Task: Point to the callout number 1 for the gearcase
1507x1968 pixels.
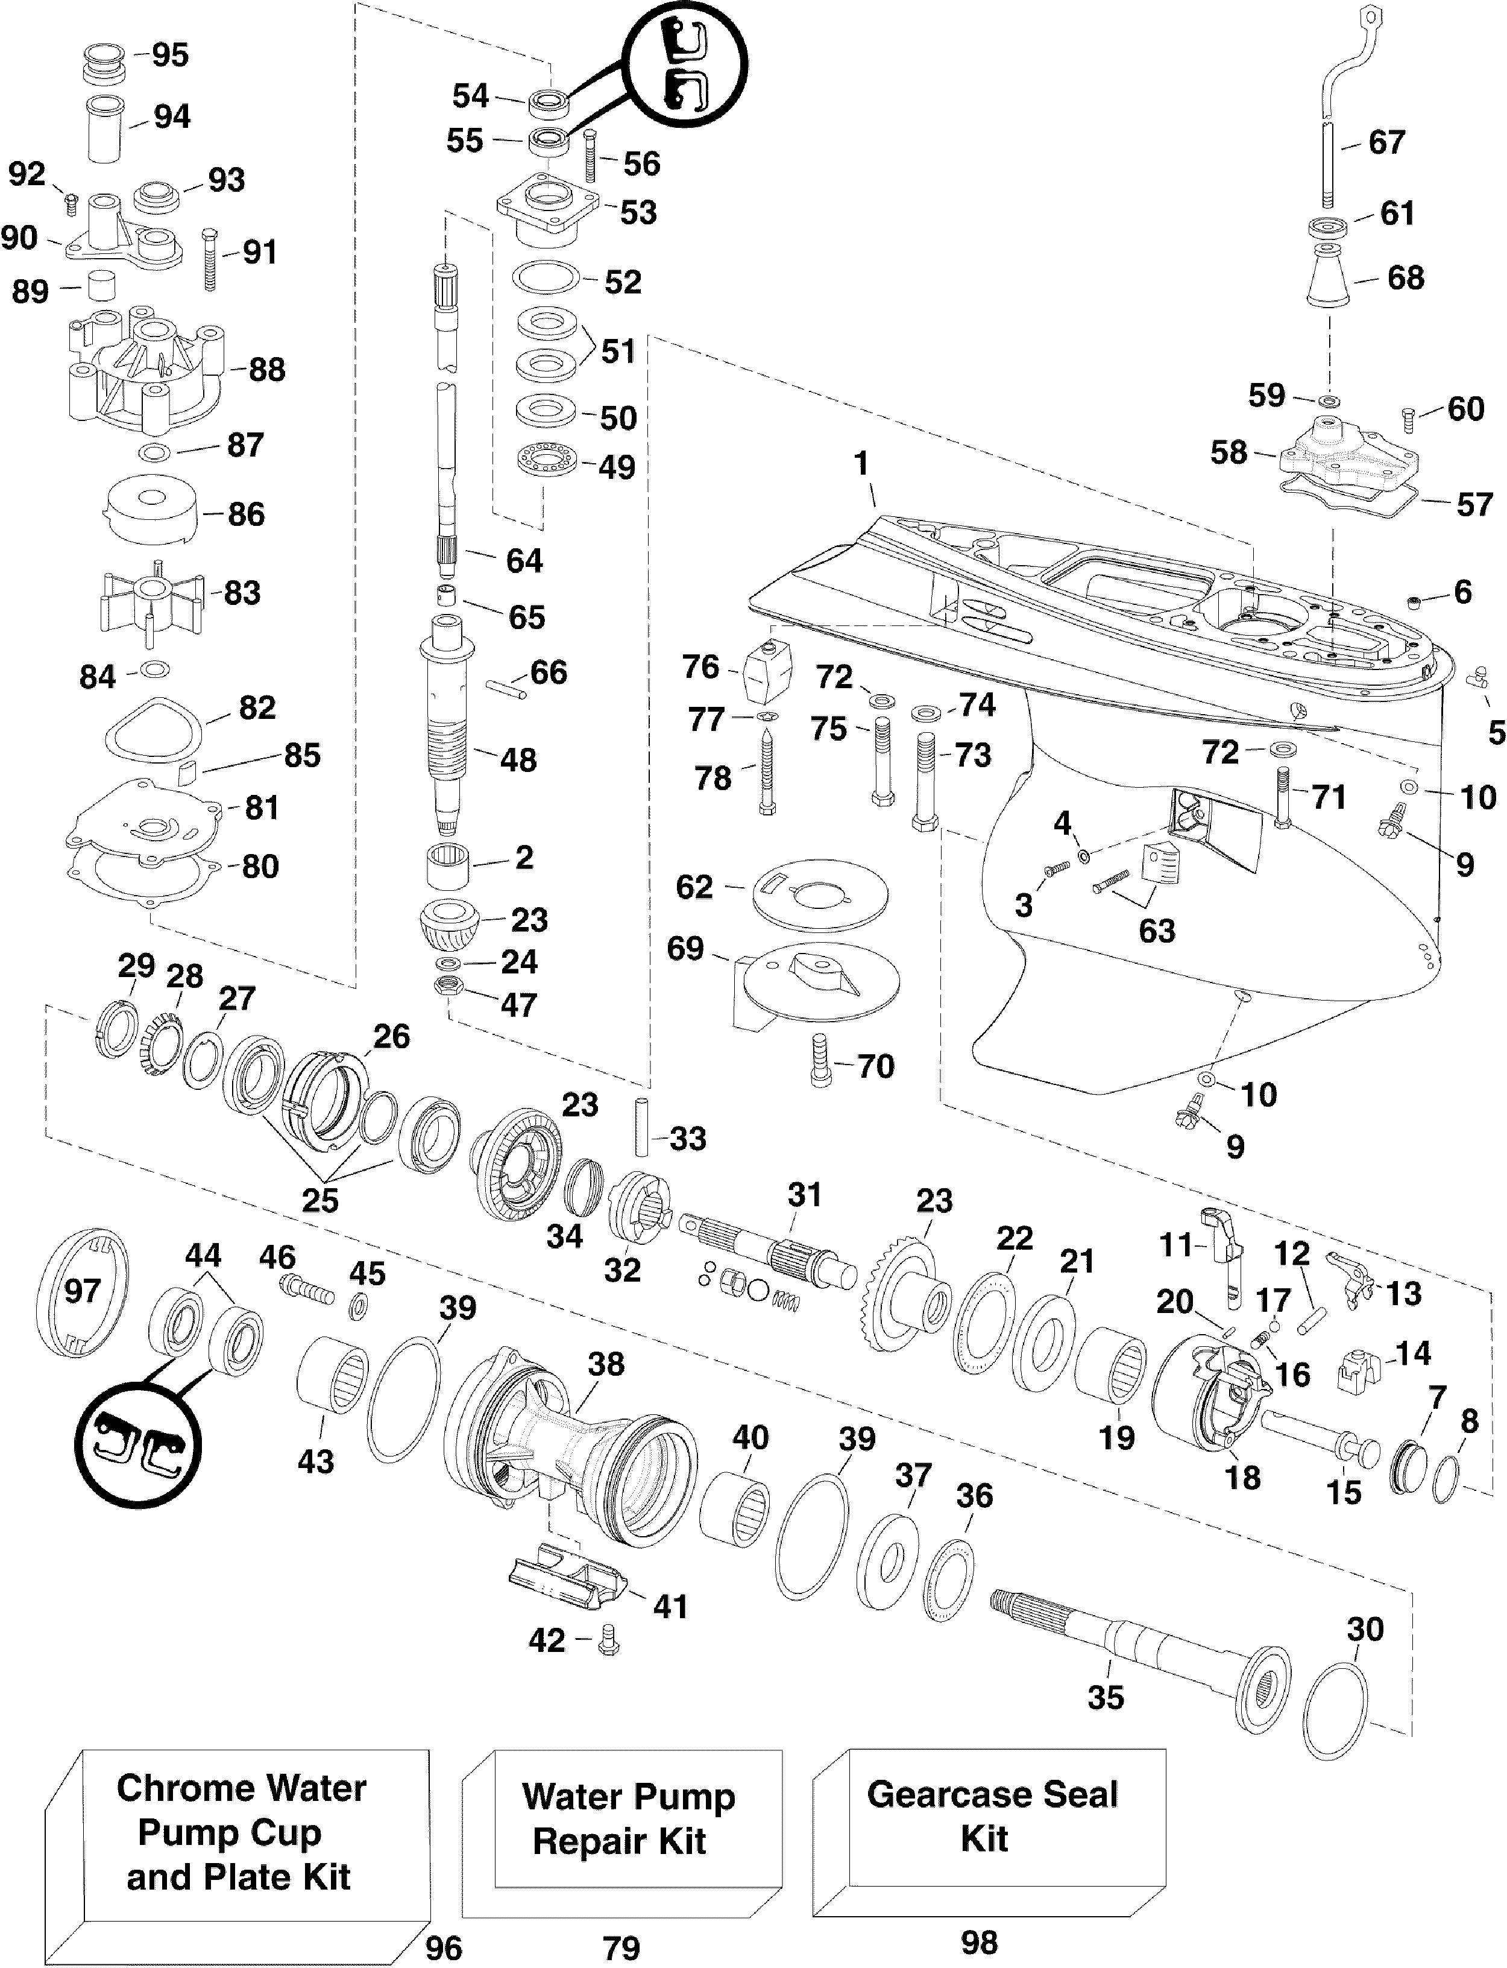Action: pos(862,464)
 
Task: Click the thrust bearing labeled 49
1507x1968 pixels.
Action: pos(548,460)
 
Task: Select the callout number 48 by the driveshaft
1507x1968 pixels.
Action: pos(518,760)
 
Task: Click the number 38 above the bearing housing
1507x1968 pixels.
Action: pos(606,1364)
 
